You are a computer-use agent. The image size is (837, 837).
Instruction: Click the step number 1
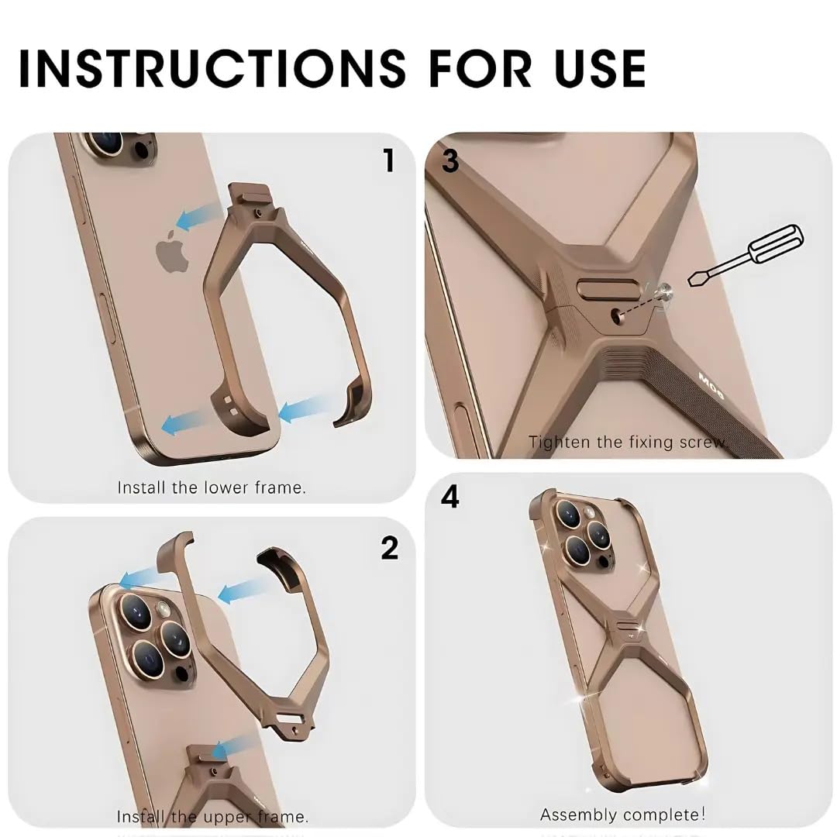(389, 160)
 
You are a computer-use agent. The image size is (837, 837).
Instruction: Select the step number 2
(389, 548)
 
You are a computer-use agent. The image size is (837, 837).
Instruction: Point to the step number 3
(450, 160)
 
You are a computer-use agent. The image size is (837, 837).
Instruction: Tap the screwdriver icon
(743, 255)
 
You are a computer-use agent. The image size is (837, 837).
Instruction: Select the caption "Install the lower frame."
(212, 487)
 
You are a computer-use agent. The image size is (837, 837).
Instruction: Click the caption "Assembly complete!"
(622, 815)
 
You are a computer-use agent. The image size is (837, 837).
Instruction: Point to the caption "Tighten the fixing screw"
(626, 442)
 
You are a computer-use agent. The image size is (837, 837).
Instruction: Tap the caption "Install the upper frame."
(212, 817)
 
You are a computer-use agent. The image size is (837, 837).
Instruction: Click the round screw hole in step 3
(618, 314)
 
